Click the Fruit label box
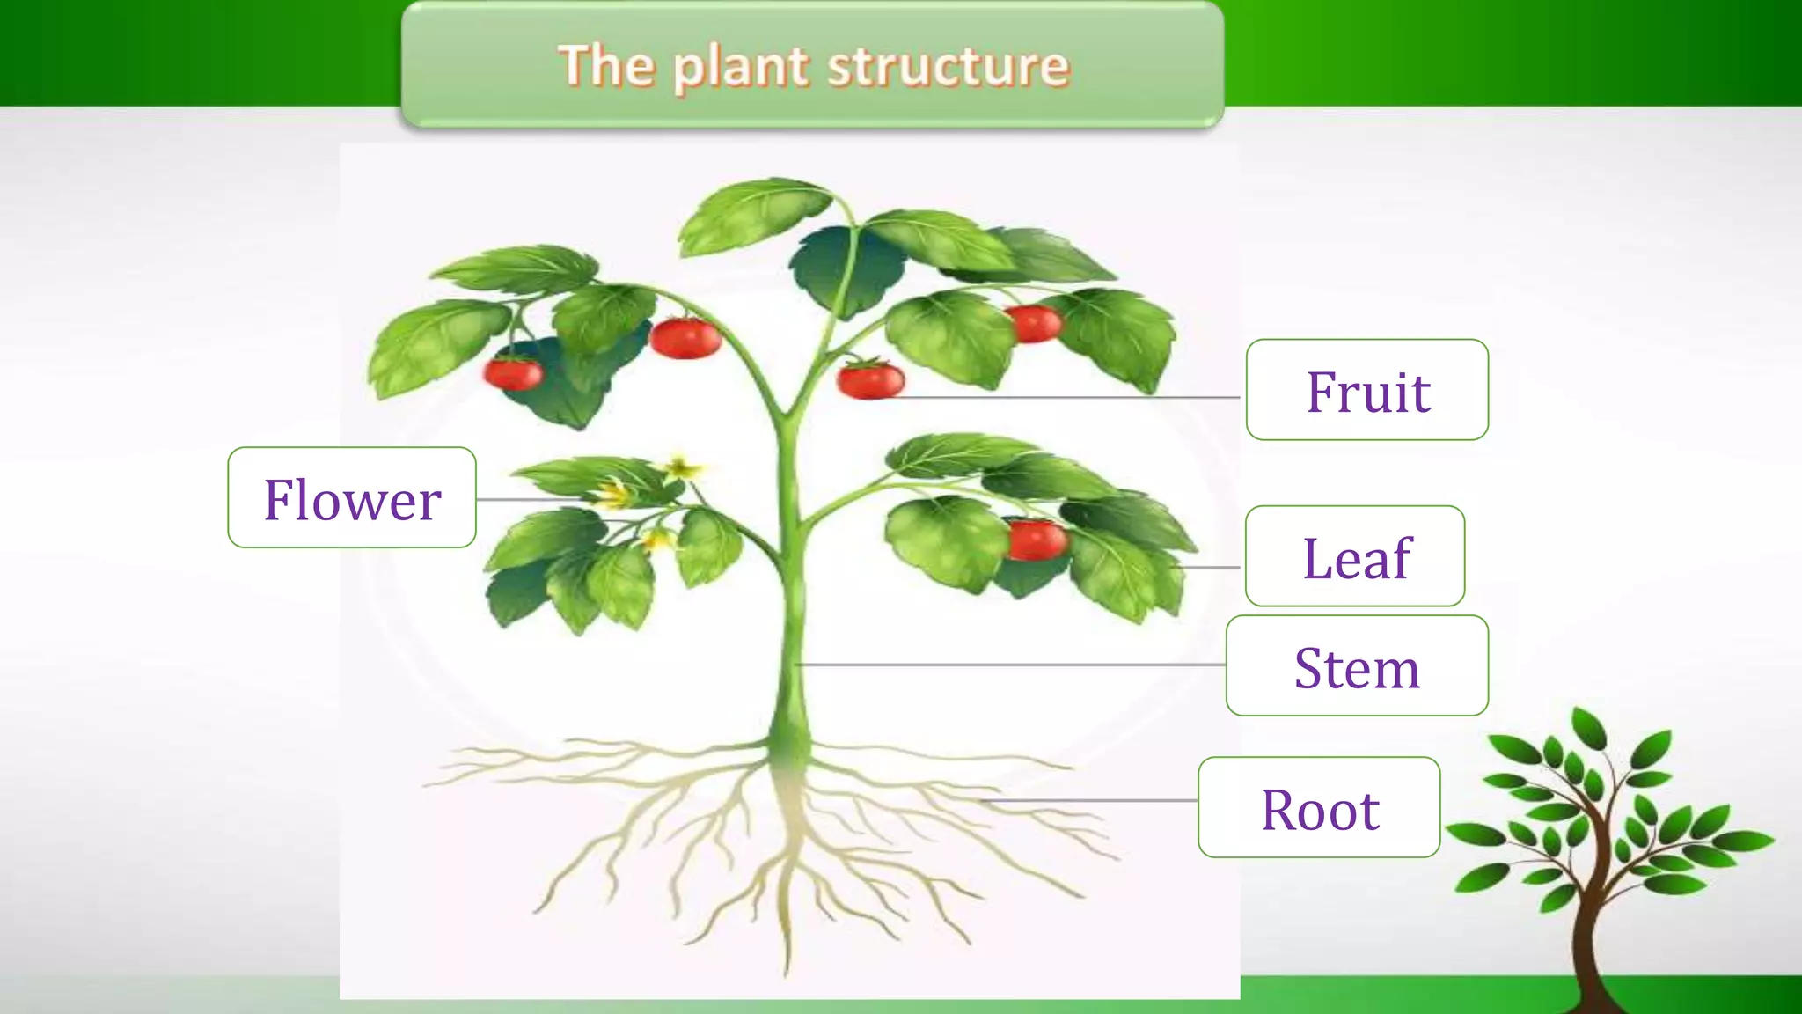[1366, 390]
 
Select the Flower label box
[352, 498]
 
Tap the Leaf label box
[1355, 556]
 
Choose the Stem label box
[1357, 666]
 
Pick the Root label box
[1319, 808]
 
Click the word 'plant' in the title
[741, 68]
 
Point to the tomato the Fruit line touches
[870, 380]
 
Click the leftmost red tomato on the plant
[514, 373]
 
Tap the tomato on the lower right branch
[1036, 540]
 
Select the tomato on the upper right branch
[1034, 323]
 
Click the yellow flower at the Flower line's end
[613, 496]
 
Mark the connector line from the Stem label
[1012, 665]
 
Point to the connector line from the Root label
[1091, 801]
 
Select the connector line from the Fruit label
[1065, 398]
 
